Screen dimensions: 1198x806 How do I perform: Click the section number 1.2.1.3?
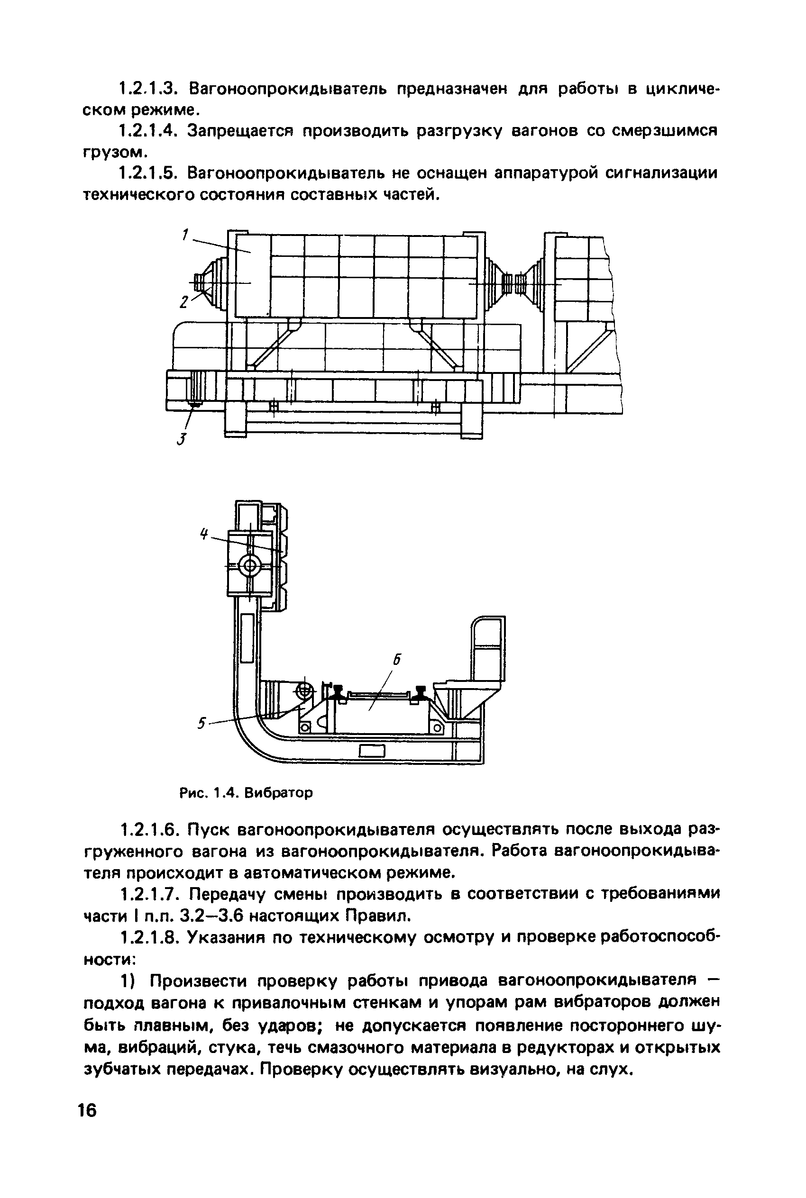[x=148, y=90]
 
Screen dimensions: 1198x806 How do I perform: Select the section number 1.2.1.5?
[x=148, y=173]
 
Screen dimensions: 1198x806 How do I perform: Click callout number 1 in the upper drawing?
[x=185, y=235]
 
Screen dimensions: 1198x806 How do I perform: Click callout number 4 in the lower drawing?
[x=204, y=534]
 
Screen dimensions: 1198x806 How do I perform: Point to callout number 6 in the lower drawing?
[x=396, y=660]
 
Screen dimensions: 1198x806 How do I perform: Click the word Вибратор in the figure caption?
[x=278, y=793]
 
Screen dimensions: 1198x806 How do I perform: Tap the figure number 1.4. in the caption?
[x=225, y=793]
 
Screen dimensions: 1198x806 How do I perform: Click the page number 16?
[x=87, y=1110]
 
